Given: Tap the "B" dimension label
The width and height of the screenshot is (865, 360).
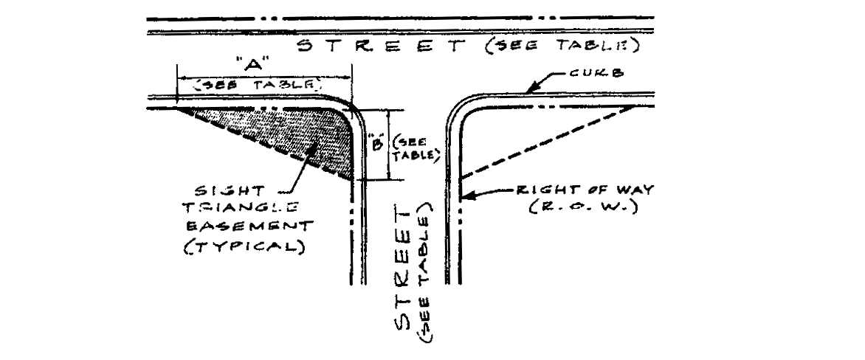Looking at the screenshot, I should [376, 144].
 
